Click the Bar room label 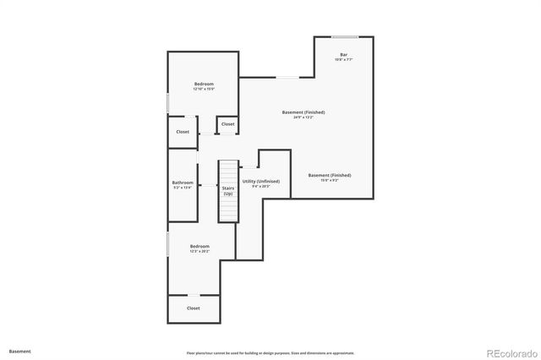pyautogui.click(x=343, y=55)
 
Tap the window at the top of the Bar pyautogui.click(x=343, y=36)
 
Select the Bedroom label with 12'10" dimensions pyautogui.click(x=204, y=84)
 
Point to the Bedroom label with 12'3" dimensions pyautogui.click(x=199, y=246)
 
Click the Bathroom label pyautogui.click(x=183, y=183)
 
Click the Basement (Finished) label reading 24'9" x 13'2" pyautogui.click(x=303, y=112)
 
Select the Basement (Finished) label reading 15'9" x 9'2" pyautogui.click(x=330, y=175)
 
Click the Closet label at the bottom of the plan pyautogui.click(x=194, y=308)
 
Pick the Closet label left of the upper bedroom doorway pyautogui.click(x=183, y=132)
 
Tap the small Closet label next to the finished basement pyautogui.click(x=227, y=124)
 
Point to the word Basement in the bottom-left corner pyautogui.click(x=19, y=351)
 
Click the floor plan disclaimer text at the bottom pyautogui.click(x=270, y=353)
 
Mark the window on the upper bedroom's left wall pyautogui.click(x=168, y=102)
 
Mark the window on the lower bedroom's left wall pyautogui.click(x=168, y=244)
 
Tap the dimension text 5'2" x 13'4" pyautogui.click(x=183, y=188)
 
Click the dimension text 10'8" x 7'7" pyautogui.click(x=343, y=60)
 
